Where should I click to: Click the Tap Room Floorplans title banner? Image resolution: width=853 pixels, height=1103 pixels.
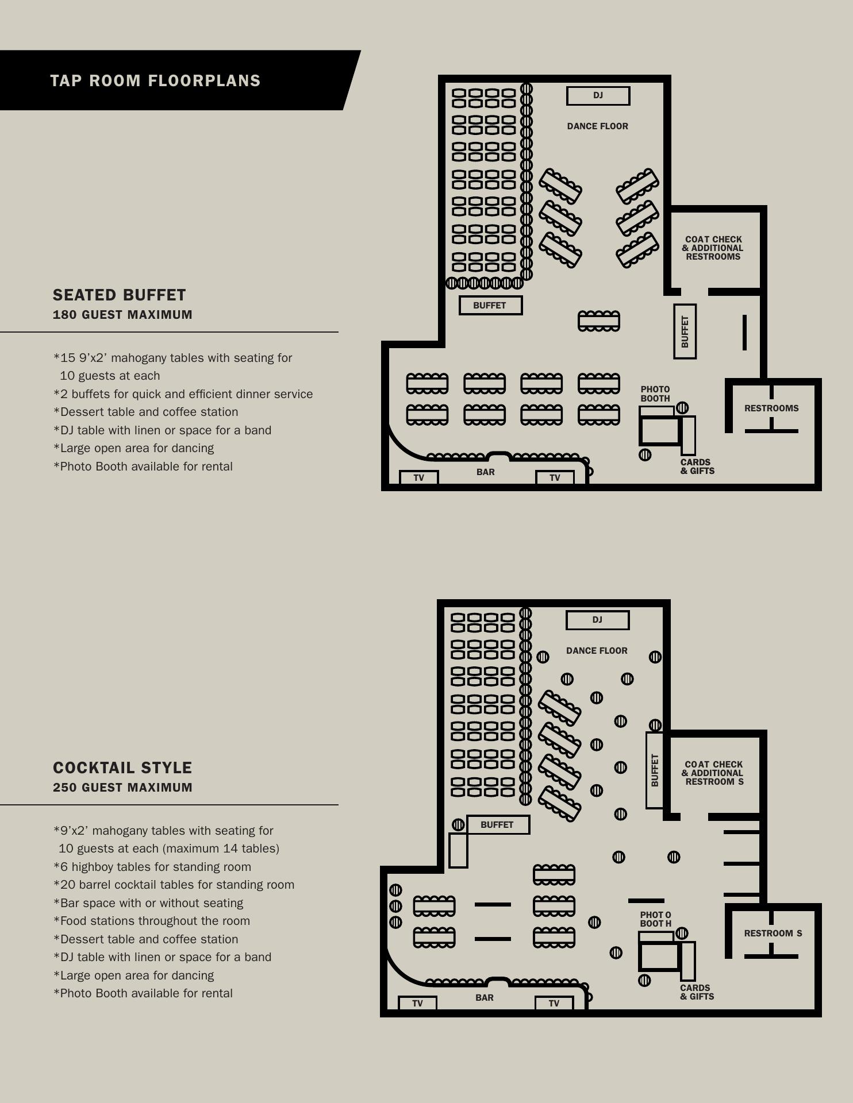172,80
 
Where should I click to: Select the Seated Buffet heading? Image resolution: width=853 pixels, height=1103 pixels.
120,295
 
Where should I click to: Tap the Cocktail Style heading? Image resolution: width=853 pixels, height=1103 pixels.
122,768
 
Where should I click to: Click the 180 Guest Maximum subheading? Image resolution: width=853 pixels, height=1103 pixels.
122,315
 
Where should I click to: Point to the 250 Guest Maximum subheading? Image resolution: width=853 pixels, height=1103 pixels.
122,788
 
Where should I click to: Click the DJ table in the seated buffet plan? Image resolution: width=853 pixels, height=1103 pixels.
598,96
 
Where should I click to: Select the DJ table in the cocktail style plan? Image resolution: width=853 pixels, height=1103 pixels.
597,620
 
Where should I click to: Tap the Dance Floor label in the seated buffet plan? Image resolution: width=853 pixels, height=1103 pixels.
598,126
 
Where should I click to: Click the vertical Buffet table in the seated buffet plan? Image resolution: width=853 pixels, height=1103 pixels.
685,331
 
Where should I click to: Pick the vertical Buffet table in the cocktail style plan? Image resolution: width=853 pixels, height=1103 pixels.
655,770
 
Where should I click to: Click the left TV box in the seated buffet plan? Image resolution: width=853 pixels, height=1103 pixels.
418,477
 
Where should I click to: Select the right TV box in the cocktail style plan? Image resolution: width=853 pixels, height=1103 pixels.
554,1004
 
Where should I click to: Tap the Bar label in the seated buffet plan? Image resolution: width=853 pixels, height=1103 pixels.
486,472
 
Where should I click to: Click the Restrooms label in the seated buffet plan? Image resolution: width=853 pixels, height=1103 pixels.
771,408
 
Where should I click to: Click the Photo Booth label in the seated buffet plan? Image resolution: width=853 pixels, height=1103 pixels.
655,394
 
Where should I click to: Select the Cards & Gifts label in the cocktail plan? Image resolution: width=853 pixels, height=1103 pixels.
697,992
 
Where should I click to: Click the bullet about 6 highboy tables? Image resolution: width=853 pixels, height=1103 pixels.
152,867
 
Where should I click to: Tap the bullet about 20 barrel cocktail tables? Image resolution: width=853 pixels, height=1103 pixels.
174,885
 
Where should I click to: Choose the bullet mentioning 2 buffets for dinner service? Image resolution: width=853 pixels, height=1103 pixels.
183,394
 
